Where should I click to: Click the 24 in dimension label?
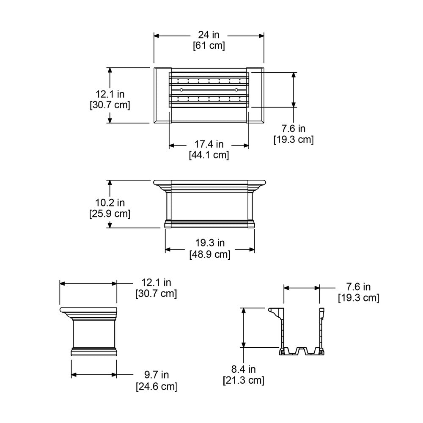click(209, 35)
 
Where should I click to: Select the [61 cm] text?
click(209, 46)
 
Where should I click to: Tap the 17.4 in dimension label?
click(209, 145)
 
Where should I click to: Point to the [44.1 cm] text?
click(209, 155)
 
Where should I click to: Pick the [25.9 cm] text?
click(110, 214)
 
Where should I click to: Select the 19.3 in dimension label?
click(210, 243)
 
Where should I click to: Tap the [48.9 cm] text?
click(210, 254)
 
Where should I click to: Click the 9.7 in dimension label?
click(156, 375)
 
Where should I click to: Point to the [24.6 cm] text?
click(156, 386)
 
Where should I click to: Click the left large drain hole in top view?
click(181, 90)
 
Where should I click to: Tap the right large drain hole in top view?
click(236, 90)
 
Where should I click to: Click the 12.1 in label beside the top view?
click(110, 94)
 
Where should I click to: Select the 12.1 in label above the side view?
click(156, 282)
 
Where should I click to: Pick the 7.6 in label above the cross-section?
click(358, 287)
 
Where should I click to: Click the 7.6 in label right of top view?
click(294, 128)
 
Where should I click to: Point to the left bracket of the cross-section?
click(276, 313)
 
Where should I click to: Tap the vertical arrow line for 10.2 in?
click(110, 204)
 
